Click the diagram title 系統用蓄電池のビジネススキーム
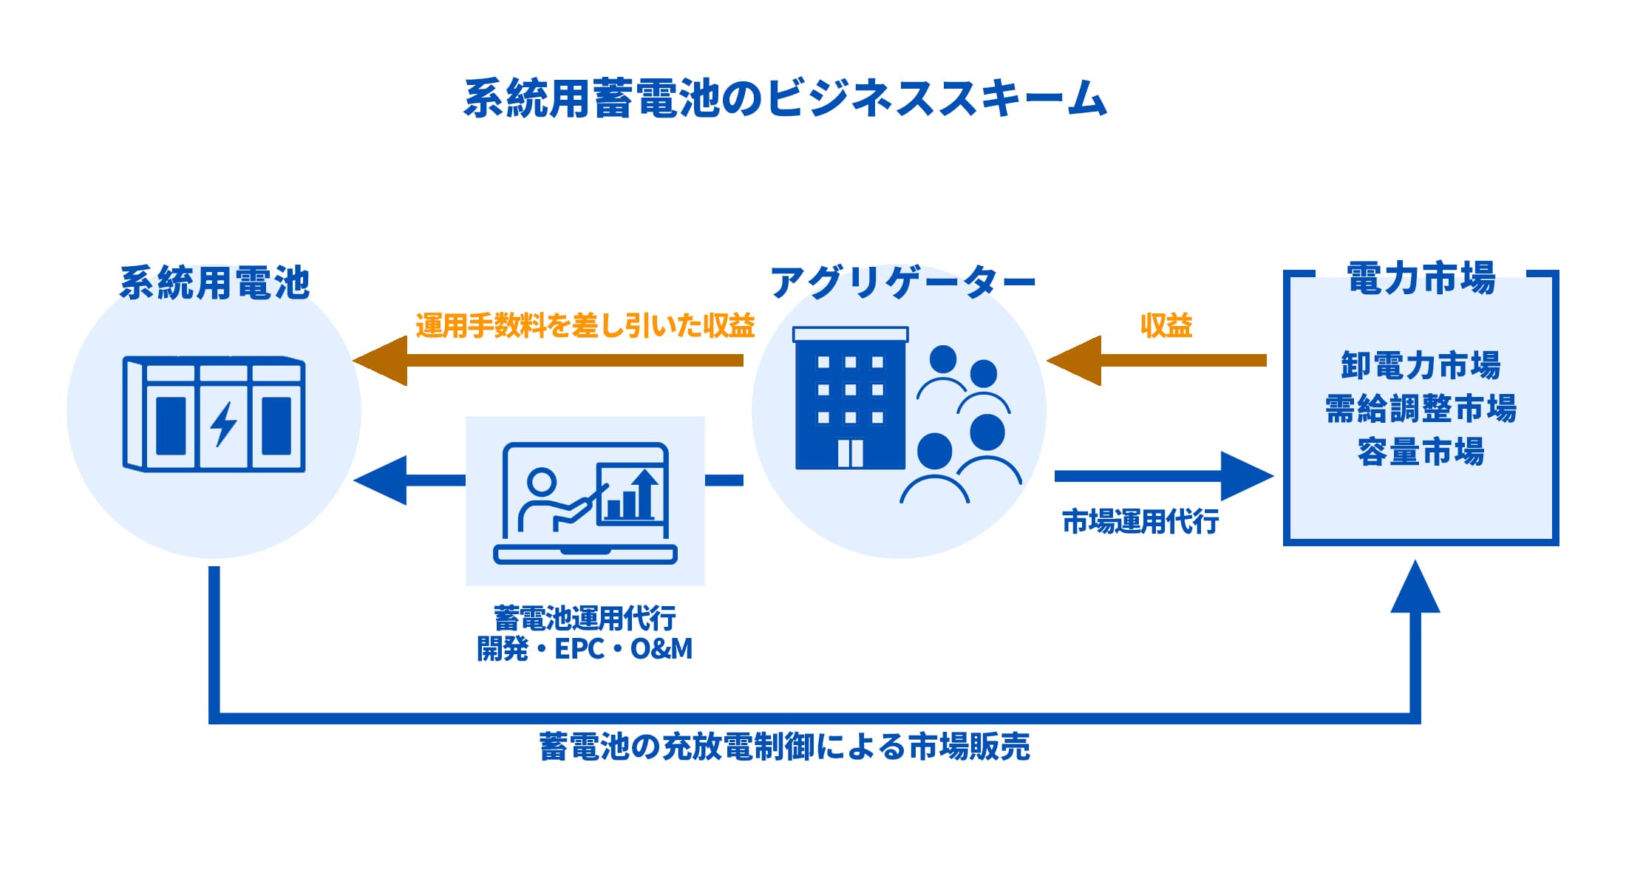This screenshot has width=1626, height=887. pyautogui.click(x=785, y=98)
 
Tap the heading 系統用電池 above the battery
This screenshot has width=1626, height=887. pyautogui.click(x=214, y=283)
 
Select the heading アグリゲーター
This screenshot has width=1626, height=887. pyautogui.click(x=902, y=283)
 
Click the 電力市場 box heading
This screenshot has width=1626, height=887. pyautogui.click(x=1421, y=279)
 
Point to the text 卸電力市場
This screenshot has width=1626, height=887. pyautogui.click(x=1421, y=365)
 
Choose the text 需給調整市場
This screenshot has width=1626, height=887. pyautogui.click(x=1421, y=408)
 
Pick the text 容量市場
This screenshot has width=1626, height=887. pyautogui.click(x=1421, y=452)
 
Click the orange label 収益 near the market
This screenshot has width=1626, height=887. pyautogui.click(x=1166, y=325)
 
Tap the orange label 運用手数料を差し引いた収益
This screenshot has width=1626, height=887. pyautogui.click(x=585, y=325)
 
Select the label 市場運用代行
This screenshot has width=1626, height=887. pyautogui.click(x=1140, y=522)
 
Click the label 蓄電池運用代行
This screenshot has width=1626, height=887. pyautogui.click(x=585, y=618)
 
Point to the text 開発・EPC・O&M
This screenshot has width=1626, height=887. pyautogui.click(x=585, y=649)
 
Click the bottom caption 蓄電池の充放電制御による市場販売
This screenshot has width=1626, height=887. pyautogui.click(x=785, y=747)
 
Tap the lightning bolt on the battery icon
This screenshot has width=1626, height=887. pyautogui.click(x=223, y=424)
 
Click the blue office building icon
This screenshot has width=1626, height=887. pyautogui.click(x=850, y=399)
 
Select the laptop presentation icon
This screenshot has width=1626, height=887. pyautogui.click(x=585, y=503)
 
